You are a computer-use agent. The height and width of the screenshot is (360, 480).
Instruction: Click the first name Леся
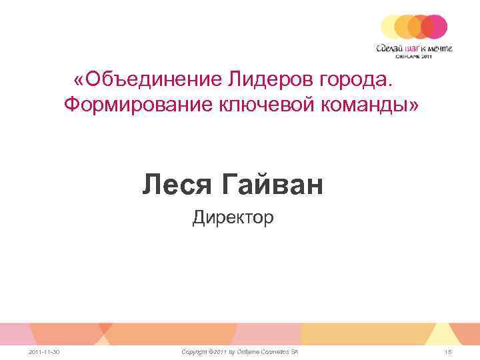tap(175, 185)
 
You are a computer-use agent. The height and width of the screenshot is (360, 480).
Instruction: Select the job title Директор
tap(233, 217)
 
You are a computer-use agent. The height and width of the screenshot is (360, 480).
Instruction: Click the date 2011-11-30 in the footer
tap(45, 351)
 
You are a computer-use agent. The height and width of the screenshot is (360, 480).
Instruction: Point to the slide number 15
tap(448, 351)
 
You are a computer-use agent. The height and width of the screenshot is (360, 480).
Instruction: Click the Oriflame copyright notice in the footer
tap(241, 351)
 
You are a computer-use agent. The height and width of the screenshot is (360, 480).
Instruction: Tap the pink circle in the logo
tap(435, 27)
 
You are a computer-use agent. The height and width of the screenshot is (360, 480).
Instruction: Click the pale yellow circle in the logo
tap(392, 27)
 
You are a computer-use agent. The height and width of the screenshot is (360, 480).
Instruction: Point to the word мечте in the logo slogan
tap(441, 47)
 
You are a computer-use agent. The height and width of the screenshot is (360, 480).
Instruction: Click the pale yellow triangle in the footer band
tap(440, 332)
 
